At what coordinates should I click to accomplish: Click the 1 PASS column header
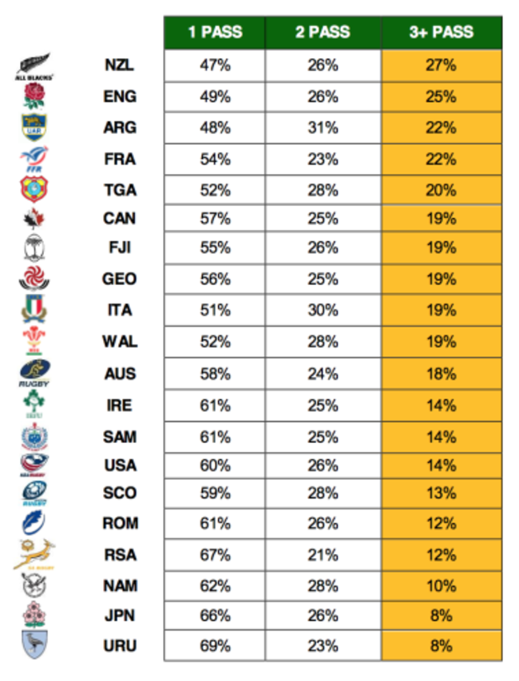click(215, 33)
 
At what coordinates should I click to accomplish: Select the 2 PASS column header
click(323, 33)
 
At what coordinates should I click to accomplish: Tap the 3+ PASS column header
click(442, 33)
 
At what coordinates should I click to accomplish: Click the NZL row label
click(120, 65)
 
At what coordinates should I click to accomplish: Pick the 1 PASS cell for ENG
click(215, 97)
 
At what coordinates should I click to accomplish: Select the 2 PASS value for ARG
click(323, 128)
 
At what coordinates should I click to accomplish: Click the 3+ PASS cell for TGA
click(442, 190)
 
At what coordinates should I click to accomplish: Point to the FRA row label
click(120, 159)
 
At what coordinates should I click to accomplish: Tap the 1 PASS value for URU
click(215, 645)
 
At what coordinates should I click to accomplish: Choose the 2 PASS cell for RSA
click(323, 555)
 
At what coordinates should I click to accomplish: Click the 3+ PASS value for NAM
click(442, 585)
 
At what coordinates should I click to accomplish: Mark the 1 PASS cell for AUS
click(215, 373)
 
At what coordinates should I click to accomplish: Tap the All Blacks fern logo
click(33, 65)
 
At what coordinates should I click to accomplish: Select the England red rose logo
click(34, 97)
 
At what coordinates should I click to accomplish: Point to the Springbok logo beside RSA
click(34, 555)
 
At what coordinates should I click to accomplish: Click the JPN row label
click(120, 616)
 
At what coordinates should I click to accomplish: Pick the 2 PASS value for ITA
click(323, 311)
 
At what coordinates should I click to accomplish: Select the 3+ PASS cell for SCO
click(442, 493)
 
